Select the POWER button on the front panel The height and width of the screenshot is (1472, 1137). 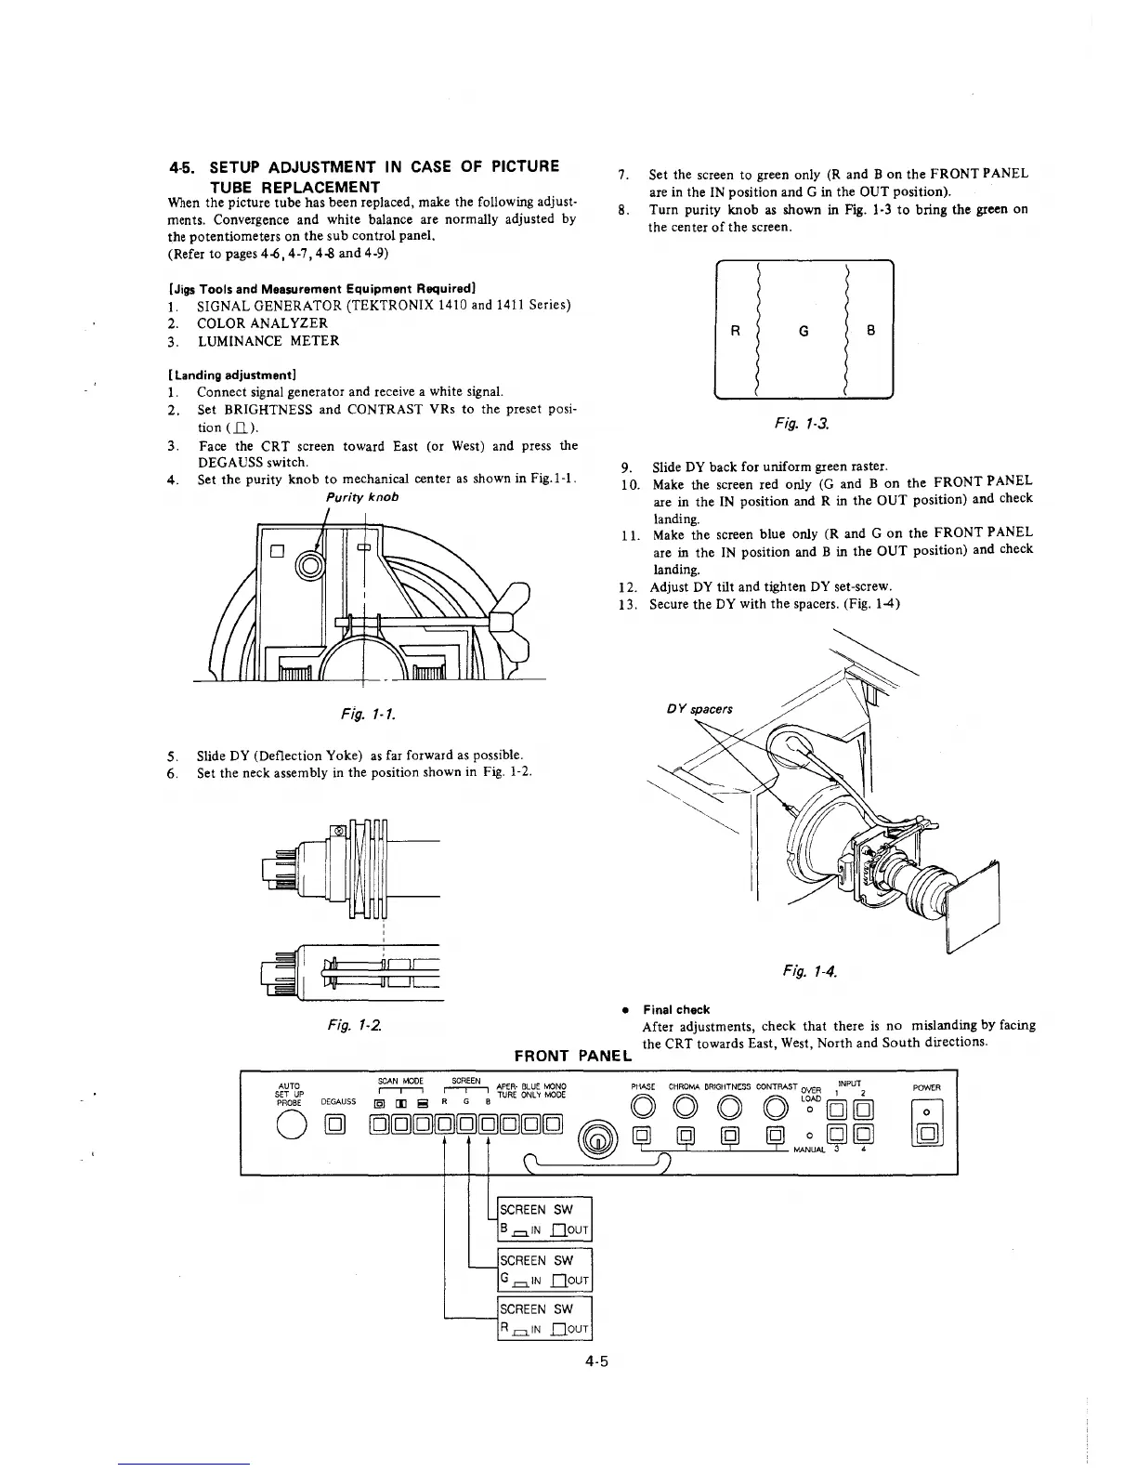pos(927,1133)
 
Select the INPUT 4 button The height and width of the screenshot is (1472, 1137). pos(862,1132)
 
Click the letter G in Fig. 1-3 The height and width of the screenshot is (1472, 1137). pos(804,330)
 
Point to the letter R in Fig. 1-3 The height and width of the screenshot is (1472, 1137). pos(735,330)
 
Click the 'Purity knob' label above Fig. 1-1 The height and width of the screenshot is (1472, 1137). pos(370,497)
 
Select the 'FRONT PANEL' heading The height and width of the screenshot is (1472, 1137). pos(573,1055)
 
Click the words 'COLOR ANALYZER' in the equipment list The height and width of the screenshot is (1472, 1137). pos(262,322)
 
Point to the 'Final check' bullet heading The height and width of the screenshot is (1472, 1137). pos(676,1009)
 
